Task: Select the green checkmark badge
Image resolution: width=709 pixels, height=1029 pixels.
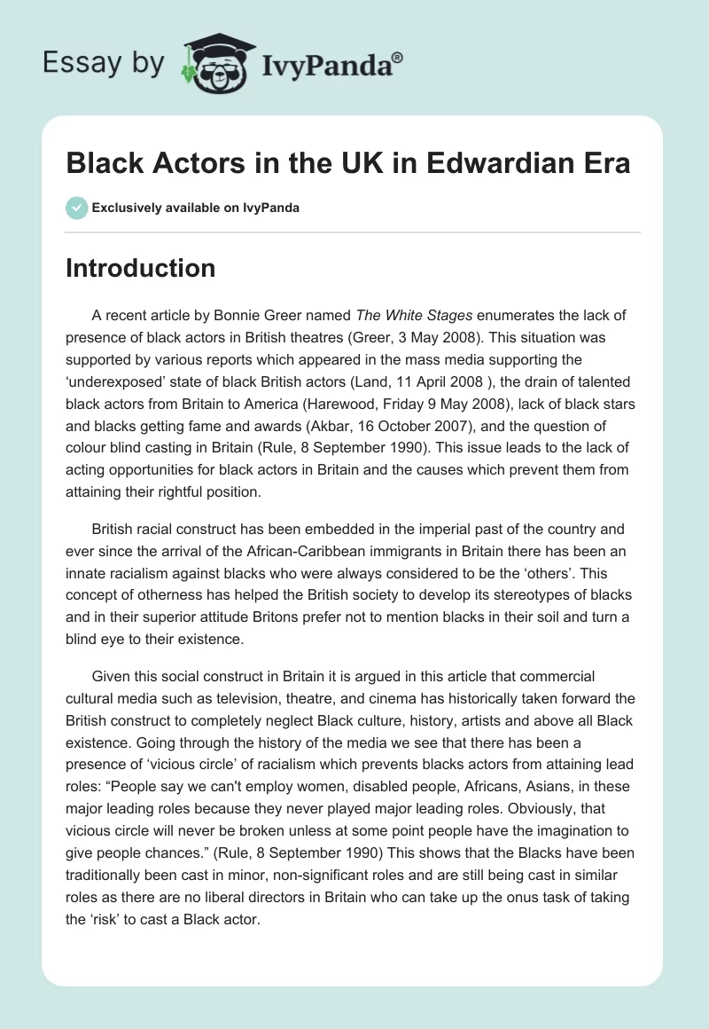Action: pos(76,208)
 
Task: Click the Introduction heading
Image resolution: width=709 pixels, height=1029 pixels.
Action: pos(140,268)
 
